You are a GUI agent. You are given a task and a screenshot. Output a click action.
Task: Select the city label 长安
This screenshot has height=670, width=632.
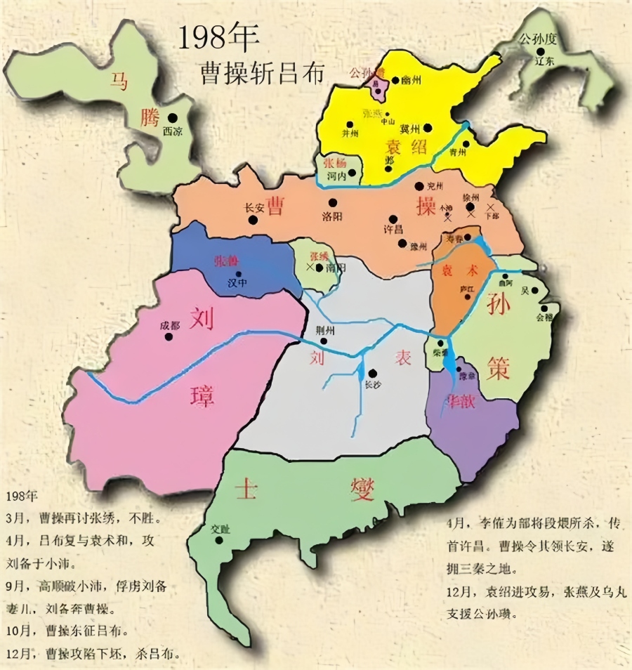coord(253,208)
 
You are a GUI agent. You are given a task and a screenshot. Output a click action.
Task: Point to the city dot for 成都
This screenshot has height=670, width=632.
coord(169,336)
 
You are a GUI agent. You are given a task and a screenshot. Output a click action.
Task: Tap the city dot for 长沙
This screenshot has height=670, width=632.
coord(372,373)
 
